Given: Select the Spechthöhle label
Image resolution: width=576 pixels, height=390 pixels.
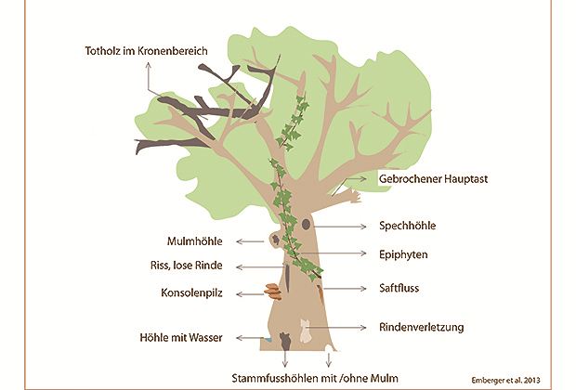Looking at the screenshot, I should coord(408,225).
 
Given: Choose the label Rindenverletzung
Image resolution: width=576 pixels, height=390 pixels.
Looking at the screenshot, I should coord(423,327).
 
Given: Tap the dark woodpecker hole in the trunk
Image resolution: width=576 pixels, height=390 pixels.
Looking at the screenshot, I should coord(305,225).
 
